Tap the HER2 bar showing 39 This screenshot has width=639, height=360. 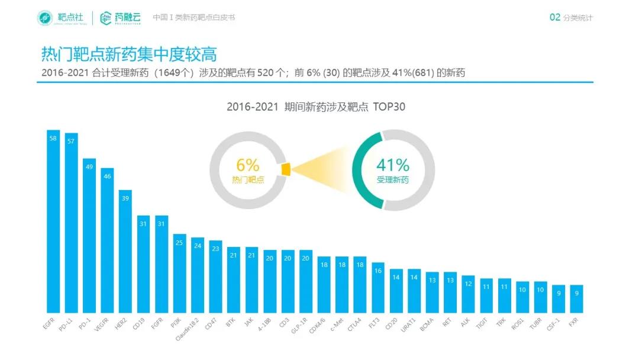pos(125,251)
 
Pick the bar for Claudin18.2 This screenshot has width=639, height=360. pos(198,275)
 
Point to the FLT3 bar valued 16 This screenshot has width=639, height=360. pos(378,287)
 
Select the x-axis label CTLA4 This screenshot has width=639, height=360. pos(357,325)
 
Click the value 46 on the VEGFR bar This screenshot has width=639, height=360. pos(107,176)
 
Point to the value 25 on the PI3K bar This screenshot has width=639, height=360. pos(179,242)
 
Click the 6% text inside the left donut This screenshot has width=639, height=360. pos(248,165)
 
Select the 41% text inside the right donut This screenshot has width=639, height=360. pos(393,165)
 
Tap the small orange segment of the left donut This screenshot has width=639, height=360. pos(286,169)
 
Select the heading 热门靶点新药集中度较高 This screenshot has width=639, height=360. pos(128,54)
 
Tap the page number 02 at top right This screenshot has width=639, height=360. pos(554,18)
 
